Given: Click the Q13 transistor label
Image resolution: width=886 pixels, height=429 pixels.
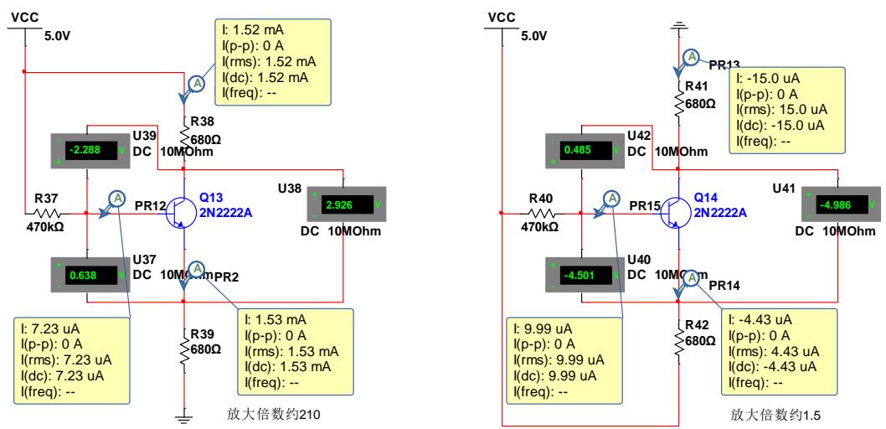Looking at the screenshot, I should click(x=213, y=196).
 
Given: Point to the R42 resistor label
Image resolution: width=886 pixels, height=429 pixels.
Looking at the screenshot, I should click(x=698, y=324).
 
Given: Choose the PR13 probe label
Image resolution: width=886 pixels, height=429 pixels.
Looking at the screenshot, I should click(x=722, y=65).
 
